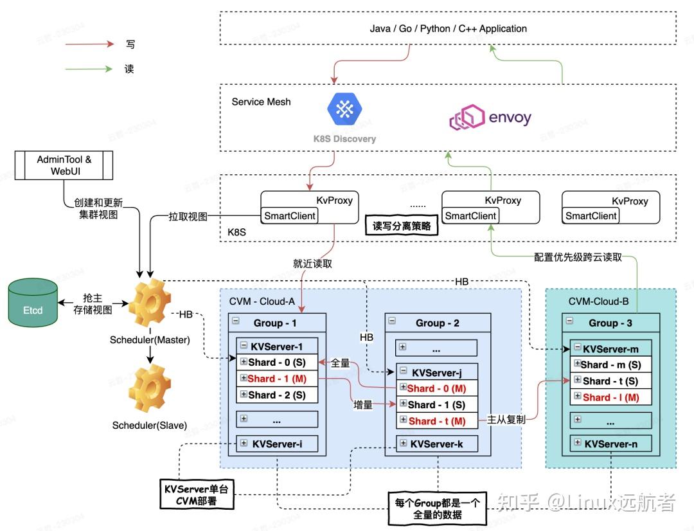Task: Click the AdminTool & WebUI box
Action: click(64, 165)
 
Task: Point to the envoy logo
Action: click(490, 119)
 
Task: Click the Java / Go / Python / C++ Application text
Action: click(448, 29)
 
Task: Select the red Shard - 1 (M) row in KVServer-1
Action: click(277, 379)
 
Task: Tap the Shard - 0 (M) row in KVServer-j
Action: click(438, 388)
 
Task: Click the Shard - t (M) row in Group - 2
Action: click(438, 421)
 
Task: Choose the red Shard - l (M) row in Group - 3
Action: click(610, 397)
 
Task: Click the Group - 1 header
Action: click(277, 323)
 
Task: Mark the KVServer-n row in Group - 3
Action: click(610, 443)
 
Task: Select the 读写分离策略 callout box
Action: click(402, 226)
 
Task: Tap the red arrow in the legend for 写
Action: click(89, 44)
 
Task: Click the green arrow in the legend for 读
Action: click(89, 69)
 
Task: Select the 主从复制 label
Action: click(506, 419)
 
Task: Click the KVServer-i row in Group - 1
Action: click(277, 444)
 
